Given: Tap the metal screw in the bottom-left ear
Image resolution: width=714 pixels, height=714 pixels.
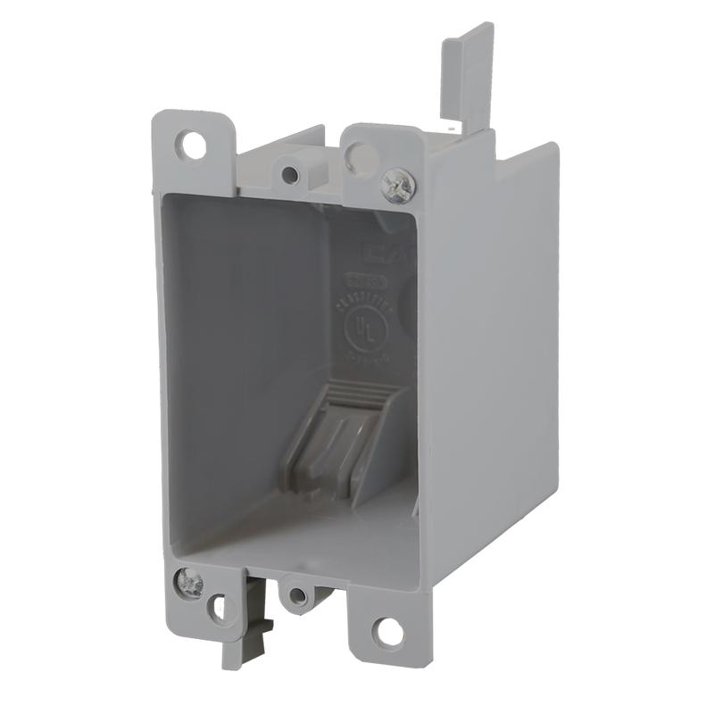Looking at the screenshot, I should [x=190, y=584].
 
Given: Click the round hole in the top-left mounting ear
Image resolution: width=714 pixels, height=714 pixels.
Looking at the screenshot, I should [x=190, y=142].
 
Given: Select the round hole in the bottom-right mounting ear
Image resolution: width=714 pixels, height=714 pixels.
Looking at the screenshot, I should [x=388, y=631].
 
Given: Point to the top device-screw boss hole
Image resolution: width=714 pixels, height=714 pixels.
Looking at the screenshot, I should [x=290, y=172].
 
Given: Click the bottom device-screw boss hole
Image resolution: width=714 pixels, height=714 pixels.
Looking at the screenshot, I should [x=298, y=594].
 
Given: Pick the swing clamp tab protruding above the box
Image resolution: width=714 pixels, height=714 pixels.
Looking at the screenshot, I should [x=468, y=76].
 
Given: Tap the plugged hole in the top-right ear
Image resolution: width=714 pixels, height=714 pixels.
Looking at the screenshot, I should [x=362, y=158].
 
